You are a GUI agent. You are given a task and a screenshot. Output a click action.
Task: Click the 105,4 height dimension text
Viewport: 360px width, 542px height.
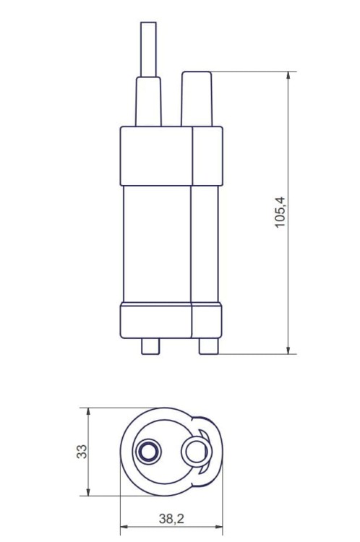[x=280, y=212]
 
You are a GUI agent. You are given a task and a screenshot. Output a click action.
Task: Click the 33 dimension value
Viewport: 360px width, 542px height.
[x=82, y=452]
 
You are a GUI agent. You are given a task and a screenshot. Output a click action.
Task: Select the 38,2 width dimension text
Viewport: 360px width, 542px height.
[x=171, y=518]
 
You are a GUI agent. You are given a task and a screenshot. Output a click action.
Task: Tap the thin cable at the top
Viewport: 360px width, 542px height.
[x=148, y=49]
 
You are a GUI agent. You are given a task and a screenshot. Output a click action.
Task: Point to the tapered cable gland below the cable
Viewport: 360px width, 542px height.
[x=148, y=102]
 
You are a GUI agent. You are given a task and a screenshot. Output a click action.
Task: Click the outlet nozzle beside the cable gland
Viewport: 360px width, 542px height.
[x=197, y=99]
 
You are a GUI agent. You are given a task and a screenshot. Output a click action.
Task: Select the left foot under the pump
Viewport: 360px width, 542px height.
[x=150, y=346]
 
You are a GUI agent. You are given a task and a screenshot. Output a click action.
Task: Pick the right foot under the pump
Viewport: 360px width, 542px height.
[x=208, y=346]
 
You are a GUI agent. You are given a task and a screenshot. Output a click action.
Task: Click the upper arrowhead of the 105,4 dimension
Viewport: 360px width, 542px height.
[x=288, y=76]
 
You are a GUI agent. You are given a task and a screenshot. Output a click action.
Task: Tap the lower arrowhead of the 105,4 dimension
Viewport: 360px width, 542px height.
[x=288, y=350]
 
